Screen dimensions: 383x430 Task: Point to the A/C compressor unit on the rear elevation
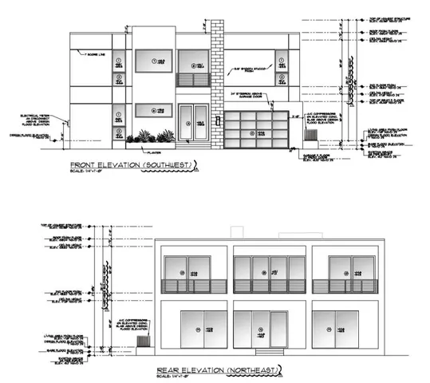click(x=144, y=341)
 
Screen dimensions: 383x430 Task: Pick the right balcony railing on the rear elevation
click(x=335, y=286)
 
